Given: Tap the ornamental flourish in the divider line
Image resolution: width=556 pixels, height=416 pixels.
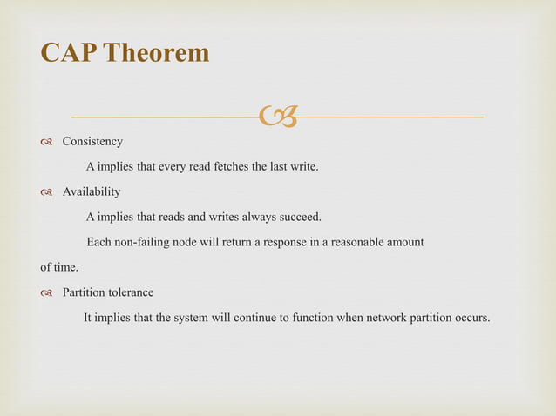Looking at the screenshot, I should (276, 114).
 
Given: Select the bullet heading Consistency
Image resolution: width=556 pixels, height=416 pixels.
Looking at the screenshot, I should (92, 141).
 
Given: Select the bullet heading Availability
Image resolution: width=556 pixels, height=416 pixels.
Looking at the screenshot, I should (92, 191).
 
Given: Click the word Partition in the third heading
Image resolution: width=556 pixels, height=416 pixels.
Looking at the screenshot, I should (85, 292).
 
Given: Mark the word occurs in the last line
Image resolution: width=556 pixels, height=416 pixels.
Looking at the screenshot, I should (471, 317).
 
